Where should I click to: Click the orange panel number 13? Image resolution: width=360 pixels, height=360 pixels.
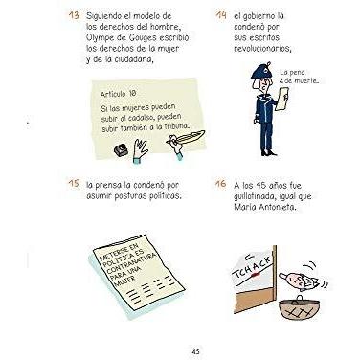click(74, 15)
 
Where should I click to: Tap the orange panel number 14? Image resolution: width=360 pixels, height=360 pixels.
click(221, 15)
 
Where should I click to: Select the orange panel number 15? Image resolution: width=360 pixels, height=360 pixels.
click(74, 184)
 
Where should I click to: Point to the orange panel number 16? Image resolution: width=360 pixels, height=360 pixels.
click(220, 184)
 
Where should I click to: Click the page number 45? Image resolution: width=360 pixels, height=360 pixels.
click(195, 351)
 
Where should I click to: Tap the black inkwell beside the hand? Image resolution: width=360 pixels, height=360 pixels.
click(122, 150)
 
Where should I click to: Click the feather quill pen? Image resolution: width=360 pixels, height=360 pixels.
click(189, 138)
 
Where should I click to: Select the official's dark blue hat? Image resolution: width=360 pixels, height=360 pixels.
click(260, 72)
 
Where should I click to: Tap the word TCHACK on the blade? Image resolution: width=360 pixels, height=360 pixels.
click(253, 267)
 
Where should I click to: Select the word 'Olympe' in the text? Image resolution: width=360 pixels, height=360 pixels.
click(99, 38)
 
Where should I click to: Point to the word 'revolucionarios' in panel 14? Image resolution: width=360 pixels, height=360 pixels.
click(262, 49)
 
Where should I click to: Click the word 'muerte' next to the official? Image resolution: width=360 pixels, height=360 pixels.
click(305, 81)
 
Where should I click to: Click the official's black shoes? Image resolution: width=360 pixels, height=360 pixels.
click(267, 152)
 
